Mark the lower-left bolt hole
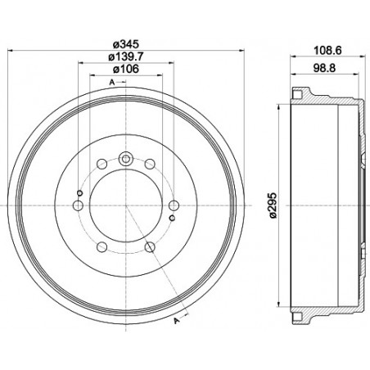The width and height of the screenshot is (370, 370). point(99,246)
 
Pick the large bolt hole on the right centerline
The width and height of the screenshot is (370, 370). point(170,207)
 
